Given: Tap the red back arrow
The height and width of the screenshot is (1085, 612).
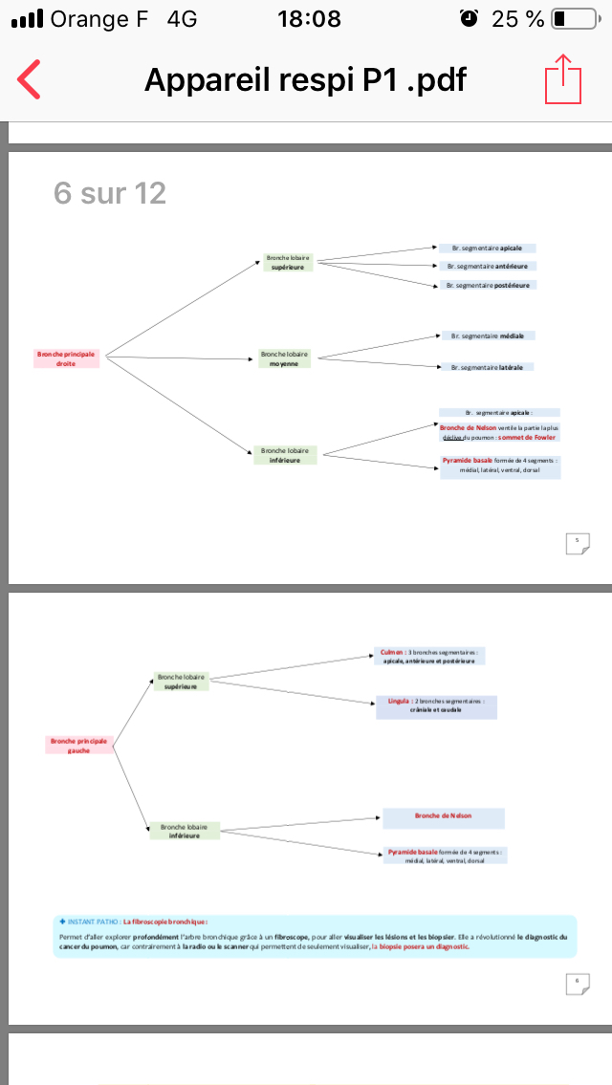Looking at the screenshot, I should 30,80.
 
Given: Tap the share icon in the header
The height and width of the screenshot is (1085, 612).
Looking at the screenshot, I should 563,79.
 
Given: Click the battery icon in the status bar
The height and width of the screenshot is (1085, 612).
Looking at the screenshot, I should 571,19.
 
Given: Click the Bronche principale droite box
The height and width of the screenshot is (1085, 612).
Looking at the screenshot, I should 67,358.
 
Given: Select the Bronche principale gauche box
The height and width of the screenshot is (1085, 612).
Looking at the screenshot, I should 79,745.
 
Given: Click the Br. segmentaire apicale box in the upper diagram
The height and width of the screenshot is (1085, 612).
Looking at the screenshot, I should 487,248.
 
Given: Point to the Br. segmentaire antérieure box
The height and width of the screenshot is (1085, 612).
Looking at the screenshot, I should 487,266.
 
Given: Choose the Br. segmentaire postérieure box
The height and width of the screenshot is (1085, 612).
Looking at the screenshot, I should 487,285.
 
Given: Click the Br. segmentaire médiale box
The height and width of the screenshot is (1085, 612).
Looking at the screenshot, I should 487,336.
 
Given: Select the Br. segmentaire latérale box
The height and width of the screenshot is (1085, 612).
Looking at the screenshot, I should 487,367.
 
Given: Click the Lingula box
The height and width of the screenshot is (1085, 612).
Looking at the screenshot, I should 436,706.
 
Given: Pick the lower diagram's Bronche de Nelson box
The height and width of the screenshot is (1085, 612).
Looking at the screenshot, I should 443,816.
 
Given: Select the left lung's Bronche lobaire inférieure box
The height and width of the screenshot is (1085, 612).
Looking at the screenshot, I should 185,831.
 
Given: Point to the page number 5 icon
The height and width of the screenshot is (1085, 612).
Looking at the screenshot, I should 577,543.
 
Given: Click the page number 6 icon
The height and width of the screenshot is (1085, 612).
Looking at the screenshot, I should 577,984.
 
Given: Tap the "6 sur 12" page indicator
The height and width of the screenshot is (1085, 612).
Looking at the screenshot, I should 110,194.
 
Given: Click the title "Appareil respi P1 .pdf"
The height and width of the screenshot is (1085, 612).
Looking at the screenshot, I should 305,79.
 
